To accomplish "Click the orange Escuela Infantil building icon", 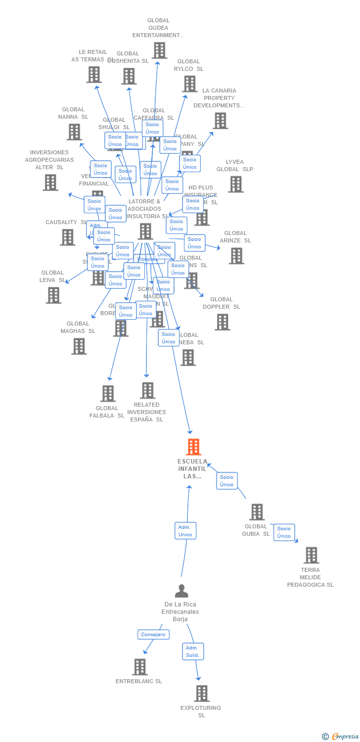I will click(193, 447).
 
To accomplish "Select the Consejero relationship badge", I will click(153, 635).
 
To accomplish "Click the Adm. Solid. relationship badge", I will click(192, 651).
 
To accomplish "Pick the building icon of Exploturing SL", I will click(202, 694).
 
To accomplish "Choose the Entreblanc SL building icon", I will click(140, 667).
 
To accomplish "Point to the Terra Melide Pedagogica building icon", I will click(311, 556).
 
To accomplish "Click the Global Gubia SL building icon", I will click(257, 512).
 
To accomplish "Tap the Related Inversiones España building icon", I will click(147, 390).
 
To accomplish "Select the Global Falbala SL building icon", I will click(108, 394).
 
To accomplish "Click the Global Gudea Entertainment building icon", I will click(159, 50).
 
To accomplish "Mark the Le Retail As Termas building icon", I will click(94, 75).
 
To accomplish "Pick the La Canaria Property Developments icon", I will click(220, 121).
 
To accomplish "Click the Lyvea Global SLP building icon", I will click(235, 185).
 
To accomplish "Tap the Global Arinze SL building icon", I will click(236, 256).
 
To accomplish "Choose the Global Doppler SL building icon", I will click(223, 322).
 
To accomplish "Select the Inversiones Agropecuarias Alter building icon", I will click(50, 183).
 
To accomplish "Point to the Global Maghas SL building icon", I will click(79, 346).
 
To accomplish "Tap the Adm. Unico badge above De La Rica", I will click(185, 531).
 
